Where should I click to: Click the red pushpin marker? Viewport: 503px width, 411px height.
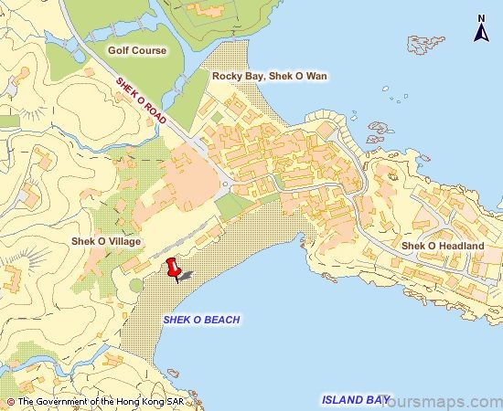click(172, 268)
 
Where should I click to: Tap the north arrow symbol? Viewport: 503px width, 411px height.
click(481, 34)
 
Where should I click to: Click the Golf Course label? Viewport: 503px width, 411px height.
click(137, 50)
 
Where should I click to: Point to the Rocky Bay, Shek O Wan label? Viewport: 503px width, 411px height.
click(270, 77)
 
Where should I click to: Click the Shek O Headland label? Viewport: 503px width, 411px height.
click(443, 246)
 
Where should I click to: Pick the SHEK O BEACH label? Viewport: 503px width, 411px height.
click(201, 320)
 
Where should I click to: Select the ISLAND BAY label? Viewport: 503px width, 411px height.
click(356, 399)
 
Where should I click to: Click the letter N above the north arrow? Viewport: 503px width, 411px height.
click(481, 17)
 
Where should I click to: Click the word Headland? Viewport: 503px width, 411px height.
click(460, 246)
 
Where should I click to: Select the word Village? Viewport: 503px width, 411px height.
click(123, 241)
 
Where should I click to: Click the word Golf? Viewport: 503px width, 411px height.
click(119, 50)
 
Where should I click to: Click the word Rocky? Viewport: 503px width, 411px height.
click(228, 77)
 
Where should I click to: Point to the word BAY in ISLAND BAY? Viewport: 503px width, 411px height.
click(377, 399)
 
